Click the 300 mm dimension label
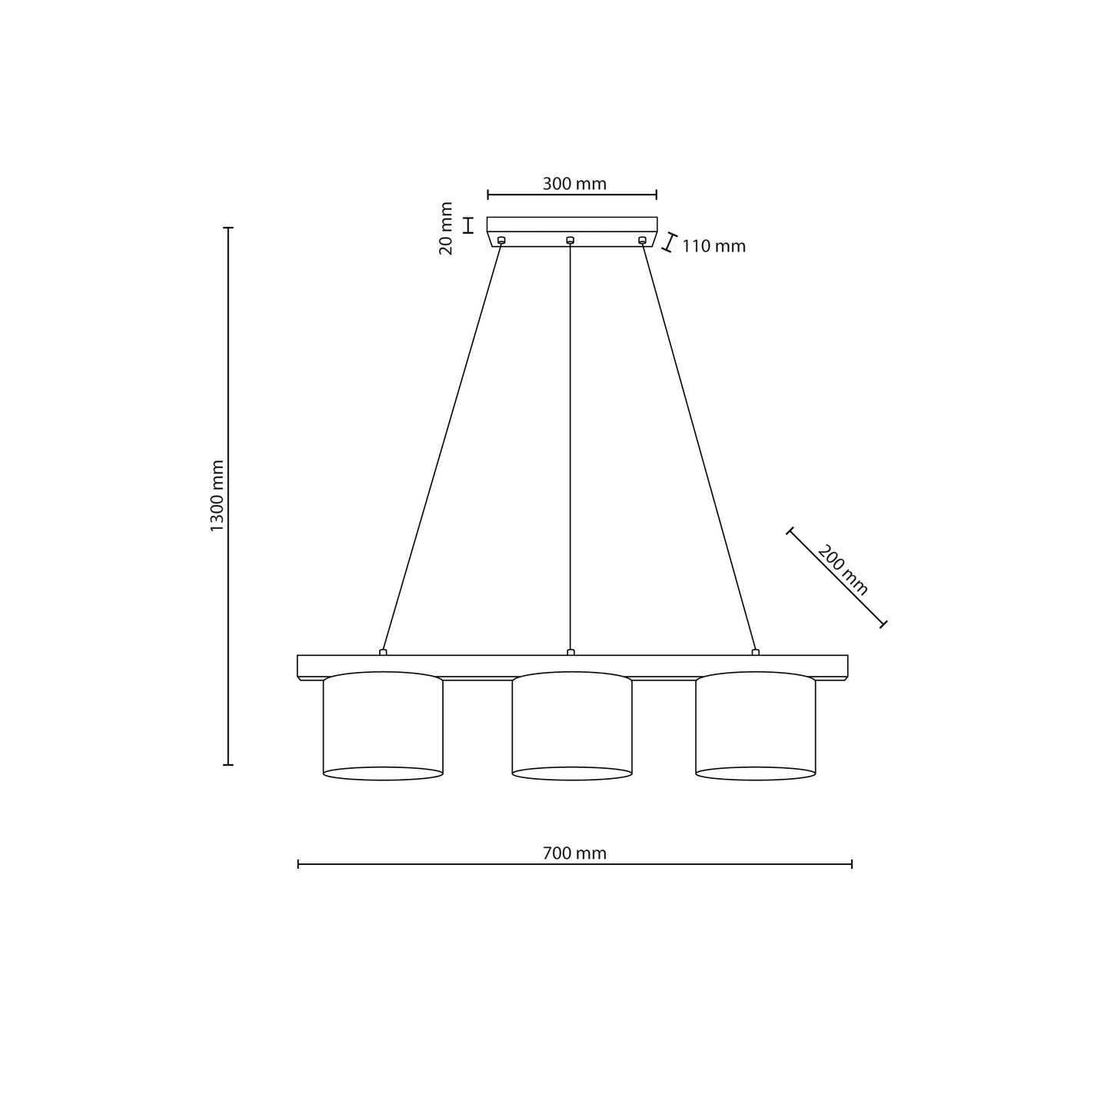tap(574, 184)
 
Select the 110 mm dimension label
tap(714, 247)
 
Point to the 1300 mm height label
tap(217, 495)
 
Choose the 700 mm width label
tap(574, 853)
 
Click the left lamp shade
tap(383, 726)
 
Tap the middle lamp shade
tap(572, 726)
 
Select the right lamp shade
tap(755, 726)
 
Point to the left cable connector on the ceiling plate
tap(501, 241)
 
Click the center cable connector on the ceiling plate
tap(570, 241)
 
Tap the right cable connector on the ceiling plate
tap(642, 241)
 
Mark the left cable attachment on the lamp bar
tap(383, 653)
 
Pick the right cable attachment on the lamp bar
tap(755, 653)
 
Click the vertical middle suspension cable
tap(570, 446)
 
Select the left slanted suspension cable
tap(442, 446)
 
